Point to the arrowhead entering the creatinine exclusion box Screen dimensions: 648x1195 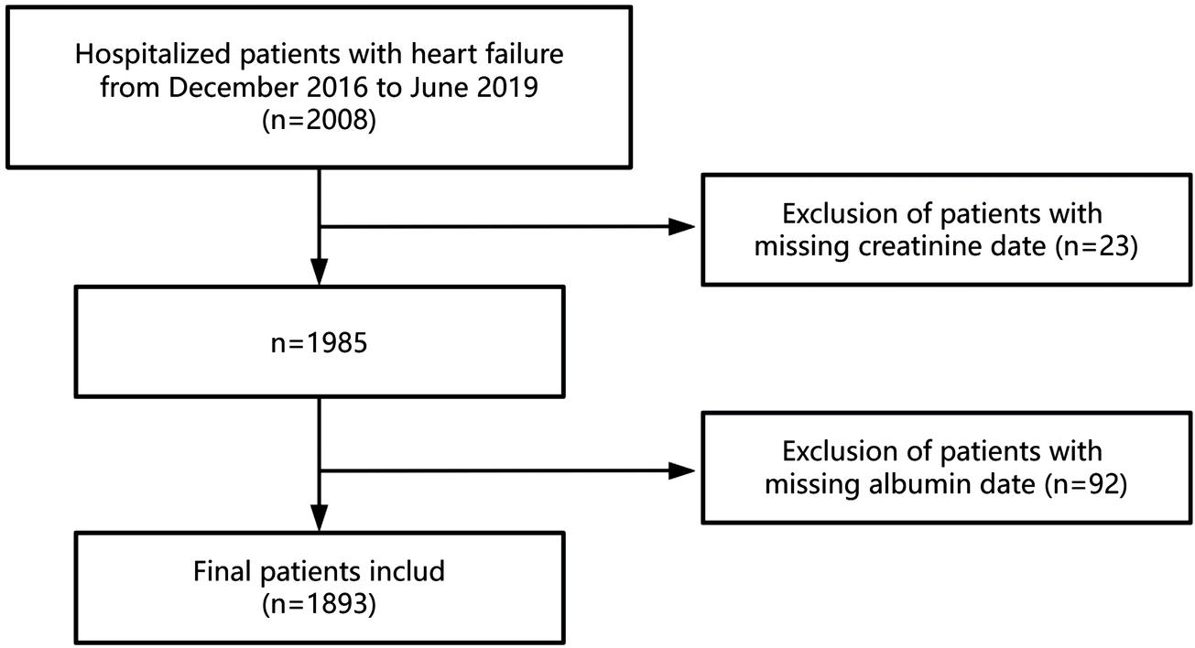(684, 227)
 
